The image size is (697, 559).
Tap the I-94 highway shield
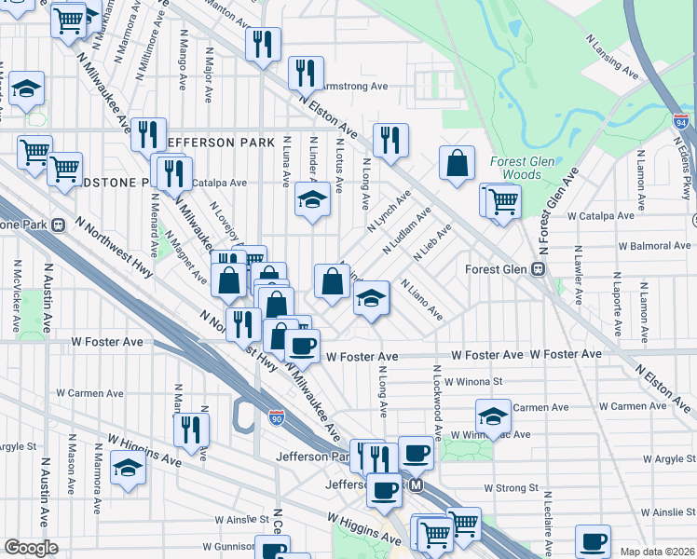pyautogui.click(x=681, y=122)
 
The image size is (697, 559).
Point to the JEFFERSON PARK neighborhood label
pyautogui.click(x=220, y=143)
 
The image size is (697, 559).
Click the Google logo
pyautogui.click(x=31, y=548)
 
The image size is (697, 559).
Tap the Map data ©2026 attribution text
pyautogui.click(x=656, y=552)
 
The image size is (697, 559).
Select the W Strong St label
pyautogui.click(x=511, y=487)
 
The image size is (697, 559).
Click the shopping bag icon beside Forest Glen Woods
pyautogui.click(x=458, y=164)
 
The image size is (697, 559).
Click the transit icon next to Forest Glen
pyautogui.click(x=538, y=268)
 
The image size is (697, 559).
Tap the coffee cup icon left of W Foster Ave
pyautogui.click(x=301, y=347)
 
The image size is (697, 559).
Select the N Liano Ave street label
pyautogui.click(x=421, y=300)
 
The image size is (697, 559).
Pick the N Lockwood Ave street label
pyautogui.click(x=435, y=403)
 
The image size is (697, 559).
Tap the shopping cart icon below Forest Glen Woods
pyautogui.click(x=501, y=199)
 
